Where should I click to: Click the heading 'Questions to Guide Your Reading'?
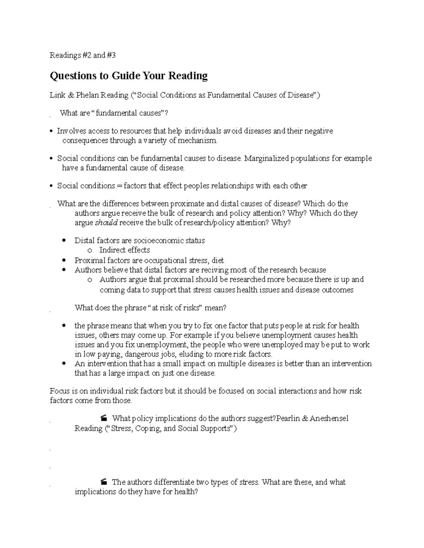tap(129, 76)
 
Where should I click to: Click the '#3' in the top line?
tap(111, 55)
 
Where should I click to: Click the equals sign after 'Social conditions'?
tap(119, 186)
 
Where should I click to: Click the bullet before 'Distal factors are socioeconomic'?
tap(64, 241)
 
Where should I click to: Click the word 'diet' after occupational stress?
tap(218, 261)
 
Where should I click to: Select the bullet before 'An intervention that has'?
tap(64, 363)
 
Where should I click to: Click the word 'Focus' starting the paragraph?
tap(59, 391)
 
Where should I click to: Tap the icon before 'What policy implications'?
tap(104, 419)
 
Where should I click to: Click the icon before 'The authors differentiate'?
tap(104, 482)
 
